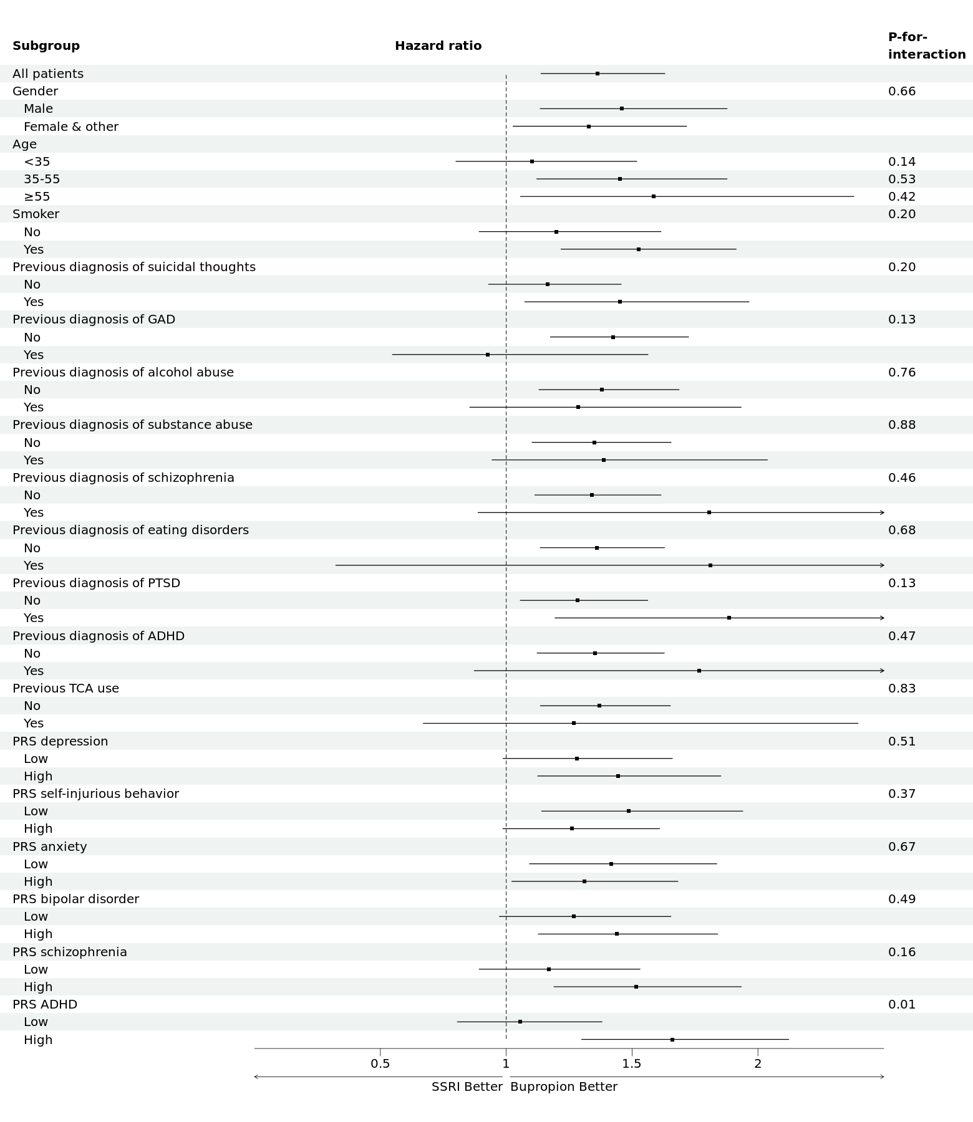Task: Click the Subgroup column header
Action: click(x=46, y=46)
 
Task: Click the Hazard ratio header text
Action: click(x=438, y=46)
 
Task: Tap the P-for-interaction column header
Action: click(x=927, y=46)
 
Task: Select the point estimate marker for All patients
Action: click(x=598, y=74)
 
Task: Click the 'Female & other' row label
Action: click(x=71, y=127)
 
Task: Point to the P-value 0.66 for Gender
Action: click(x=902, y=92)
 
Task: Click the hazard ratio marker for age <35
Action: click(x=532, y=161)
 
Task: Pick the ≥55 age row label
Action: click(x=37, y=197)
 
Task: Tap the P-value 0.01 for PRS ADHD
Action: click(x=902, y=1004)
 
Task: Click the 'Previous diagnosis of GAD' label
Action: click(x=94, y=320)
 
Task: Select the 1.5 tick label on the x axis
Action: click(x=632, y=1064)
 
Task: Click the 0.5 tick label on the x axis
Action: click(x=380, y=1064)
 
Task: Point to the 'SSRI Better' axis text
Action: click(x=467, y=1087)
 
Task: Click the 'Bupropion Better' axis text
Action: click(x=564, y=1087)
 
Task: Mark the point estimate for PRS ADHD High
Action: click(x=672, y=1040)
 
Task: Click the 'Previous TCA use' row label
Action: click(x=65, y=688)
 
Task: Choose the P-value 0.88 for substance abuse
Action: click(x=902, y=425)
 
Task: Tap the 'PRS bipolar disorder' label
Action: click(x=76, y=899)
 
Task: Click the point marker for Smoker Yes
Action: click(x=639, y=249)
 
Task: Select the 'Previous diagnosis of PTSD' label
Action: click(x=97, y=583)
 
